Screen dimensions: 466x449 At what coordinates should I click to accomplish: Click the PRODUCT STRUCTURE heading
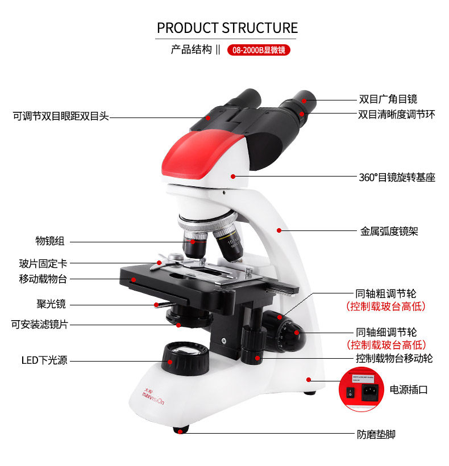pyautogui.click(x=227, y=28)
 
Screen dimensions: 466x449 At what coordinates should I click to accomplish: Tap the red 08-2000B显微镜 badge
pyautogui.click(x=259, y=50)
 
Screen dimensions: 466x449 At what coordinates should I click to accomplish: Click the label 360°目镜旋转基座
pyautogui.click(x=397, y=177)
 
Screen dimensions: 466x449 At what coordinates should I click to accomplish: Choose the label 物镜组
pyautogui.click(x=50, y=241)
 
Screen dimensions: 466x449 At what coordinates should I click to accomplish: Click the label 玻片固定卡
pyautogui.click(x=43, y=263)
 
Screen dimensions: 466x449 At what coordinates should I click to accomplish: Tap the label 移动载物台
pyautogui.click(x=43, y=279)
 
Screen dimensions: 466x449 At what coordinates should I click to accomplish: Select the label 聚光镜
pyautogui.click(x=51, y=304)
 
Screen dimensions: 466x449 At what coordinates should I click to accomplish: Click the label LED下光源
pyautogui.click(x=44, y=360)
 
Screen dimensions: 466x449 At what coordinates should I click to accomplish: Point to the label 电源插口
pyautogui.click(x=408, y=390)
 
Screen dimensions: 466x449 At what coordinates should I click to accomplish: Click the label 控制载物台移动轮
pyautogui.click(x=394, y=359)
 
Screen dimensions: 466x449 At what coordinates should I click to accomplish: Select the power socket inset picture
pyautogui.click(x=360, y=388)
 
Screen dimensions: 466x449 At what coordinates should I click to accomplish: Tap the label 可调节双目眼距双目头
pyautogui.click(x=61, y=116)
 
